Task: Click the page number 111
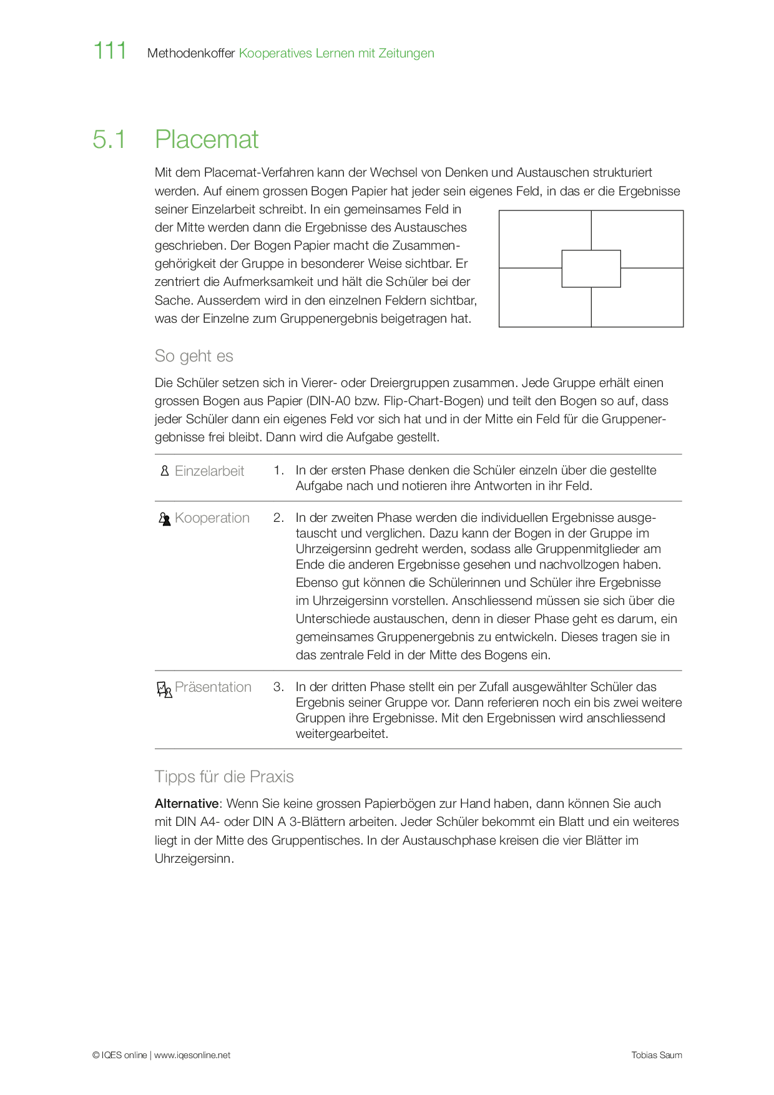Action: point(110,51)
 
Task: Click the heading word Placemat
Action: point(207,139)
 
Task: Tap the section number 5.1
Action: point(109,139)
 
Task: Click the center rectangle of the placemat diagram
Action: point(591,268)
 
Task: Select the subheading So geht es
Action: point(193,356)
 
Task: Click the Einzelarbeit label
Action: point(209,471)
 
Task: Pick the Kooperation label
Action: point(212,518)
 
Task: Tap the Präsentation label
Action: point(213,687)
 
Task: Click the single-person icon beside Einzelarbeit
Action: point(165,471)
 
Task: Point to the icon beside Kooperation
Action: point(165,519)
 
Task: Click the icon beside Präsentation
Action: point(164,689)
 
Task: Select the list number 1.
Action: point(278,470)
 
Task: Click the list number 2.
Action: point(278,518)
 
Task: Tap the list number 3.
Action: point(278,687)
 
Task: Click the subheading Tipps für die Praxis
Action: point(224,777)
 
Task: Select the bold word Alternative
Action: point(187,803)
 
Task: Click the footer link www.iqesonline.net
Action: point(192,1055)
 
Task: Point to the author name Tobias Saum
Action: point(657,1055)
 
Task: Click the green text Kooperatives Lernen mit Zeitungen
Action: point(336,53)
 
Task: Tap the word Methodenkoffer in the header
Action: point(191,53)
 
